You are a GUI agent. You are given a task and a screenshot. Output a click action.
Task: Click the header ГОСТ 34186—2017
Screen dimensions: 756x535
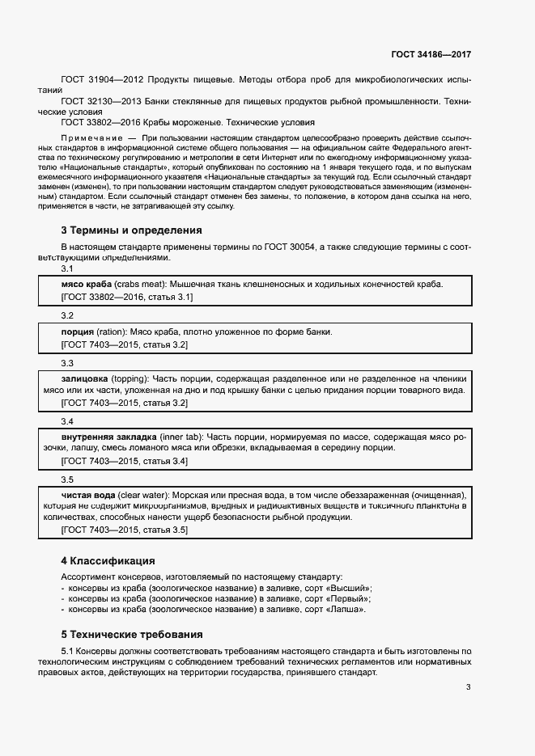[431, 54]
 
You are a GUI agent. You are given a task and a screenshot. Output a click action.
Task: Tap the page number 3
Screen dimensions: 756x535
[468, 687]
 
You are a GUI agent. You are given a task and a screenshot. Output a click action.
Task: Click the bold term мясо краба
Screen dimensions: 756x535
[87, 284]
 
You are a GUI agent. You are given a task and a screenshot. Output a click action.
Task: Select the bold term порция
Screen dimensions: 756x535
[78, 332]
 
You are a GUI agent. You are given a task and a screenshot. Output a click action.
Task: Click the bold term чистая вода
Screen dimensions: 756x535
[88, 494]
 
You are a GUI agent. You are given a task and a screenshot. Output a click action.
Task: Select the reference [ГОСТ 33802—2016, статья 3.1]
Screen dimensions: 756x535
[127, 298]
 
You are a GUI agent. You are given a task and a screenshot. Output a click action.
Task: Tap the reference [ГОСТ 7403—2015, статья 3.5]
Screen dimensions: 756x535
[125, 530]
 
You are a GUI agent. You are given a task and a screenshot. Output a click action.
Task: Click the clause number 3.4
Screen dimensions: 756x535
[67, 421]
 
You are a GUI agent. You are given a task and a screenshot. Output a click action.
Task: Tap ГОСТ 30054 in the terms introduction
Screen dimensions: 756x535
[291, 247]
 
